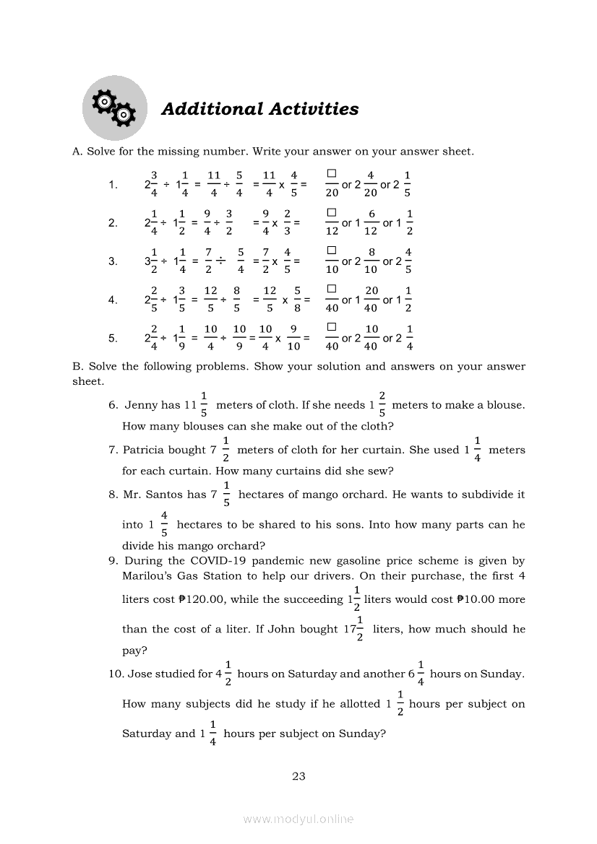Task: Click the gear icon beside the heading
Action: coord(114,108)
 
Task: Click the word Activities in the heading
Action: coord(314,109)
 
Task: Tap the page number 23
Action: coord(298,777)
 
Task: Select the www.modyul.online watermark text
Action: coord(298,819)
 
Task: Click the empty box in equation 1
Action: coord(332,174)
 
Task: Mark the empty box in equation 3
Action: coord(332,251)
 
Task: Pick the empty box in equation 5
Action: coord(332,327)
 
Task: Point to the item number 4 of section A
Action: coord(113,300)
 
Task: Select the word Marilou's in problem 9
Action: coord(148,576)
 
